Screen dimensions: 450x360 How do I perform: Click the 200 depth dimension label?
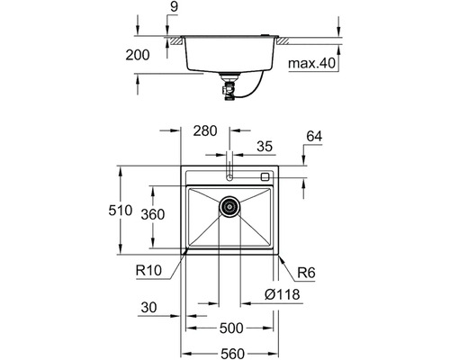coord(138,55)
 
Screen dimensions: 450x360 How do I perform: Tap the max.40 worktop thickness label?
coord(311,63)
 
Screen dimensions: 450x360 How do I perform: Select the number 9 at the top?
coord(174,7)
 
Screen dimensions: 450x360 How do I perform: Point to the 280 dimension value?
coord(205,130)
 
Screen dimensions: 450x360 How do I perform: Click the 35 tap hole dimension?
coord(265,147)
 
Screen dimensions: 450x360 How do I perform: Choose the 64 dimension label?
coord(314,136)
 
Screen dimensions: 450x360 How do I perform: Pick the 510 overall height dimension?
coord(121,211)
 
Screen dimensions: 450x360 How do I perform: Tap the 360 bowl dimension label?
coord(153,214)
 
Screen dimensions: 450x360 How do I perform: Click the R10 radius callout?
coord(148,271)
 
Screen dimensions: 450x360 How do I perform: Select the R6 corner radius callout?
coord(306,273)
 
